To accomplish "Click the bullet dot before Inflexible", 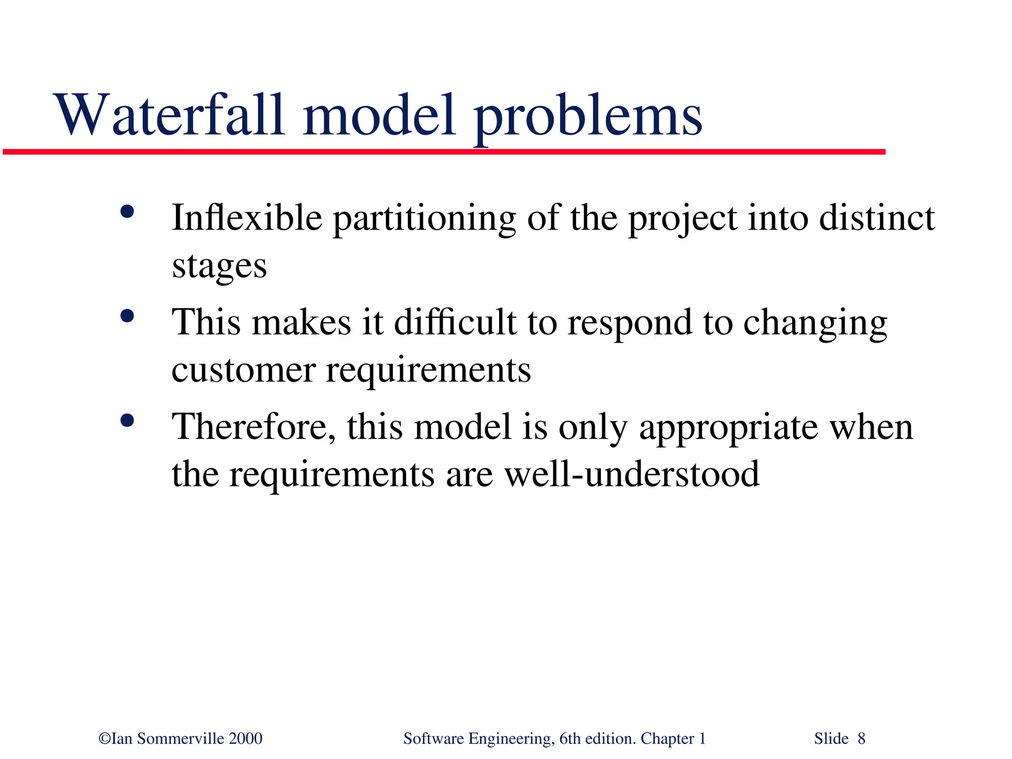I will [127, 212].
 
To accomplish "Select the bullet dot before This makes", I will [127, 316].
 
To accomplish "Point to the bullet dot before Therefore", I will [127, 421].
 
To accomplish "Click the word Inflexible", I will [247, 218].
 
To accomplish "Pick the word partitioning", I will [424, 220].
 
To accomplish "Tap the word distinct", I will [877, 218].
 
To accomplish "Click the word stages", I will [219, 267].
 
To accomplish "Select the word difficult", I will [455, 322].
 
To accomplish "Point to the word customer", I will [243, 370].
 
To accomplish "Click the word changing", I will [815, 324].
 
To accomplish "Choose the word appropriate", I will [728, 429].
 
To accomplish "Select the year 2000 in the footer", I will [246, 739].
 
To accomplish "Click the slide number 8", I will [861, 739].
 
